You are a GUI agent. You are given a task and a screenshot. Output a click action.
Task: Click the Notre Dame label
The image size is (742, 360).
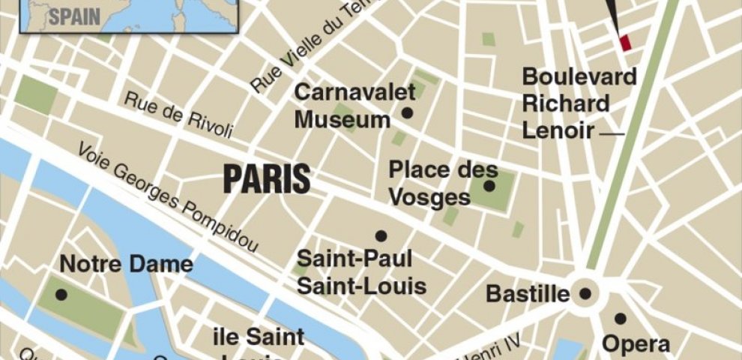point(126,265)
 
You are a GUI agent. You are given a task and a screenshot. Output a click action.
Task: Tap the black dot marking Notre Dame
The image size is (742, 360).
point(61,295)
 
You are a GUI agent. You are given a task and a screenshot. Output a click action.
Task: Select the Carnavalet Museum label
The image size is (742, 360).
point(343,106)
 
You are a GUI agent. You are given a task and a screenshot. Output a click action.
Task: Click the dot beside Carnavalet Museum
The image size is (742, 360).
point(408,113)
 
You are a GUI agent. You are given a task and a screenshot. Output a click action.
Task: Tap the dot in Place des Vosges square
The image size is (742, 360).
point(489,186)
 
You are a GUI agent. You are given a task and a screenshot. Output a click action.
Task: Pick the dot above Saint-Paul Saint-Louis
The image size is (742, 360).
point(381,235)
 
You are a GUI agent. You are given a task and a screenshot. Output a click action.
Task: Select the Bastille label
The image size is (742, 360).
point(528,294)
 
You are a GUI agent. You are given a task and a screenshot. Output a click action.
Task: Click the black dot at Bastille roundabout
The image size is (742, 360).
point(585,294)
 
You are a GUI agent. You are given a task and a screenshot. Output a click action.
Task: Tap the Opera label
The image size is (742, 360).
point(636,343)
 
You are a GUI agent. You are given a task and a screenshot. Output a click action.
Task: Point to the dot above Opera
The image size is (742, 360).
point(620,318)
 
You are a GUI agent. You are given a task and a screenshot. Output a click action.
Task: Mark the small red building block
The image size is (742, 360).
point(625,43)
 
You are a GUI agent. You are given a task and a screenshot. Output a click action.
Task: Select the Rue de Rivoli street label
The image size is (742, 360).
point(179,115)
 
